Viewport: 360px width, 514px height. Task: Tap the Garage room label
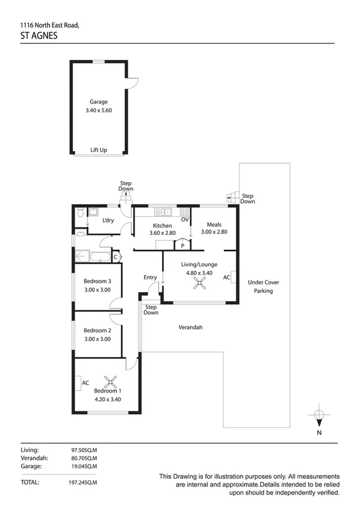pos(98,102)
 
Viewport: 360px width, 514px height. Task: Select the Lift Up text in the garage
pos(99,150)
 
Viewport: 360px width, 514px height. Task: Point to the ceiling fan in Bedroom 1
pos(109,383)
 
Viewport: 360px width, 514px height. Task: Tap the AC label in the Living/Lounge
pos(227,277)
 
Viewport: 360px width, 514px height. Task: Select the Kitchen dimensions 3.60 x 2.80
pos(163,233)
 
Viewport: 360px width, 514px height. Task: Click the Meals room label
pos(214,224)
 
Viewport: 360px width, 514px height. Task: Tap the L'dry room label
pos(108,221)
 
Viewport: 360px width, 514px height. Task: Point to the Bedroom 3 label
pos(97,282)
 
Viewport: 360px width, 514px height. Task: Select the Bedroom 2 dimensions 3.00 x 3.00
pos(97,339)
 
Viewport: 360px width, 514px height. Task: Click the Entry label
pos(150,277)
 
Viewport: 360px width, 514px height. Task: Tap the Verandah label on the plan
pos(191,328)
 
